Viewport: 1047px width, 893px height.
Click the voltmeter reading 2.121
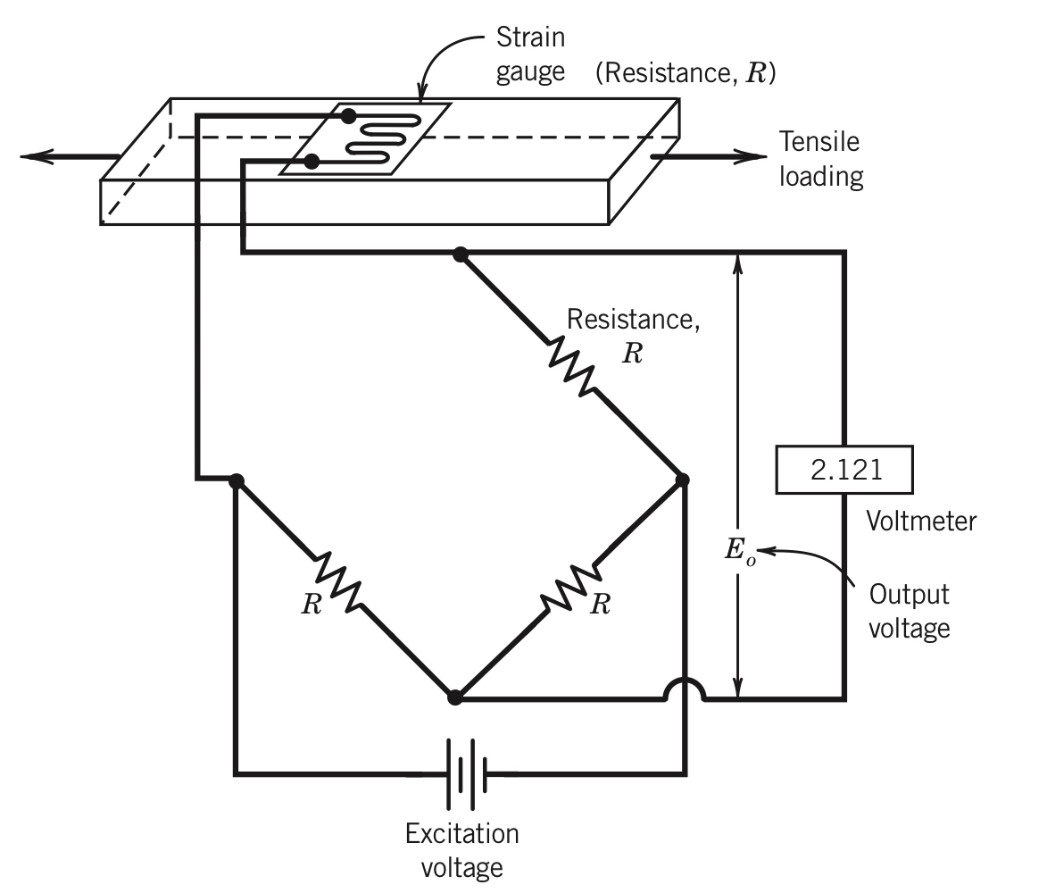coord(845,471)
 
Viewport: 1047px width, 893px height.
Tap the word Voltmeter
coord(921,521)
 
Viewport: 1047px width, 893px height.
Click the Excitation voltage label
coord(461,850)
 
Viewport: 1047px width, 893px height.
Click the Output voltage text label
coord(909,611)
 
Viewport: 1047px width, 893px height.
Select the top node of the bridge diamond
coord(461,255)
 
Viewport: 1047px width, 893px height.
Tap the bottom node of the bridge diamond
coord(455,697)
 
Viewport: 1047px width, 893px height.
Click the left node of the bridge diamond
coord(237,480)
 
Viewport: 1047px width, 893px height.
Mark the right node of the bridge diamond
coord(683,480)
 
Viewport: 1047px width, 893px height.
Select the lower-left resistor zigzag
coord(338,581)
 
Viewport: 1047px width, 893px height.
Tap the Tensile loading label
coord(820,159)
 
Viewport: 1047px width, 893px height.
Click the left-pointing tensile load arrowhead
coord(36,157)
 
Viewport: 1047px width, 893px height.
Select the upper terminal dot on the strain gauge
coord(349,116)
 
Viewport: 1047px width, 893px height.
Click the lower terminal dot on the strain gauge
coord(312,162)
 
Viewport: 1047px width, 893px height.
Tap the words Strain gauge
coord(531,55)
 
